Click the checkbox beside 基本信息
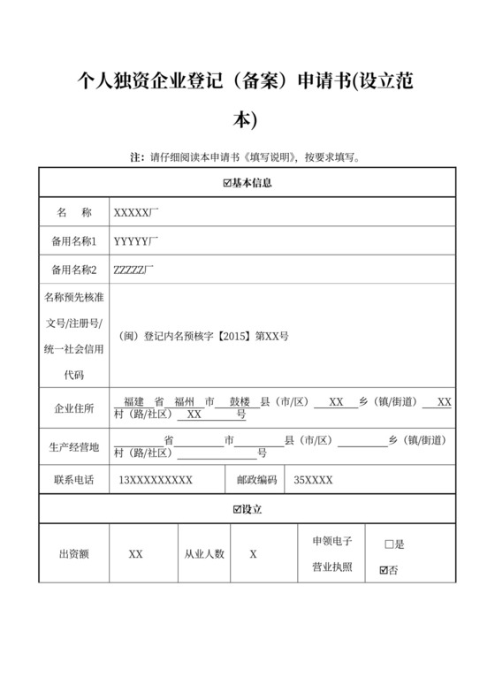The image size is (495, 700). pos(227,183)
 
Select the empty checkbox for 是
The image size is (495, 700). pos(389,544)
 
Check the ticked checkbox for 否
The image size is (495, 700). pos(383,570)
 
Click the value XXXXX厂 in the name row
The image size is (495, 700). pos(135,213)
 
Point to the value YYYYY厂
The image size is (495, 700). pos(135,240)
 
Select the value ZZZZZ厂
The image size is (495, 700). pos(134,269)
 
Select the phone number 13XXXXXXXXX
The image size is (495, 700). pos(156,480)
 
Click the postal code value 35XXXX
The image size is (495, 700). pos(313,480)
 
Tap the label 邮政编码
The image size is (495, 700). pos(256,480)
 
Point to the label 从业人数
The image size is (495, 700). pos(204,554)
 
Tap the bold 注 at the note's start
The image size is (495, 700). pos(137,158)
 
